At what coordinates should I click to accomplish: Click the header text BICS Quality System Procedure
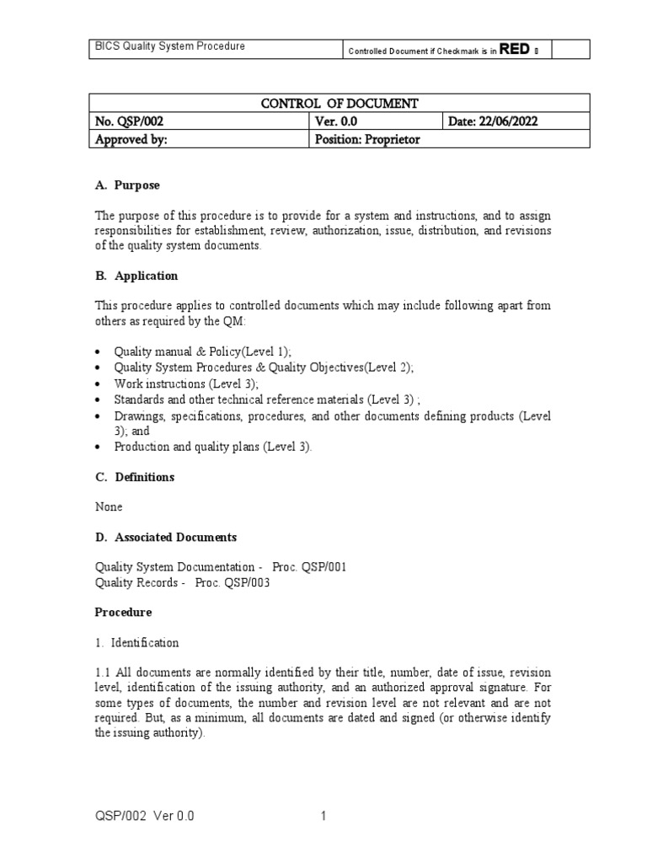point(169,46)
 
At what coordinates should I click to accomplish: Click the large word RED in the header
point(515,49)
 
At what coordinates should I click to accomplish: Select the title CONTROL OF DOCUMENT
point(340,104)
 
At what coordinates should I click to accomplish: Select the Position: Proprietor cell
point(366,140)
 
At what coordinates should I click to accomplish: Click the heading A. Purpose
point(126,185)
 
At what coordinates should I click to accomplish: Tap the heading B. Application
point(135,276)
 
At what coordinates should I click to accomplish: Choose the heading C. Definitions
point(134,477)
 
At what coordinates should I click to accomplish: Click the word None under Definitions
point(108,507)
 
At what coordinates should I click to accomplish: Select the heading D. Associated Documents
point(165,537)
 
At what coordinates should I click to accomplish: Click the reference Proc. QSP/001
point(309,567)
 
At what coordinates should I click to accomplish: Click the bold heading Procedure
point(123,612)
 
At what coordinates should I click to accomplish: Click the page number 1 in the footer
point(323,816)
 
